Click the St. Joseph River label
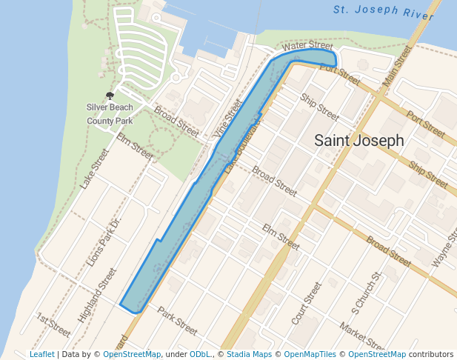[x=383, y=10]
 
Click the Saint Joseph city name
[x=359, y=140]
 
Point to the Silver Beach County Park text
[x=110, y=114]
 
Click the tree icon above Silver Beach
[x=110, y=96]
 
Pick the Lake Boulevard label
[x=242, y=146]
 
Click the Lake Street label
[x=95, y=169]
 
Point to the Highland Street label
[x=97, y=295]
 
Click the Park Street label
[x=178, y=320]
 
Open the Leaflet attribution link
[x=41, y=354]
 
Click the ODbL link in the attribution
[x=199, y=354]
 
